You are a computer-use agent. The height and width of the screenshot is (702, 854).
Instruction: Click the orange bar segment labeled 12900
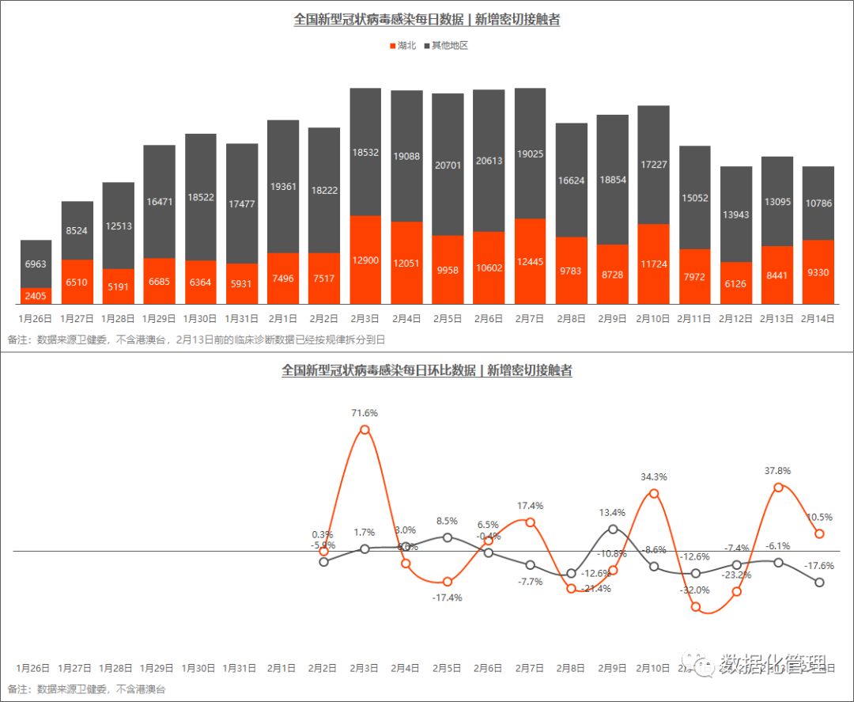click(365, 260)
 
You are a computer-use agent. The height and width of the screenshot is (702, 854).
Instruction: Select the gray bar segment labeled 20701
click(448, 164)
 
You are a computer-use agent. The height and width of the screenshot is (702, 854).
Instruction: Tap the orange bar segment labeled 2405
click(36, 296)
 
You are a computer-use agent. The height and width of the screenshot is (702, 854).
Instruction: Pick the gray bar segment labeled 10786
click(818, 203)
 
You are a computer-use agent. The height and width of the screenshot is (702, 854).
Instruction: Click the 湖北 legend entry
click(402, 46)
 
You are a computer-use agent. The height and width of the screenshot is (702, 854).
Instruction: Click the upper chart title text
click(427, 20)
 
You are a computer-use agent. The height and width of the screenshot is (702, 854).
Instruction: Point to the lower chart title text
click(427, 370)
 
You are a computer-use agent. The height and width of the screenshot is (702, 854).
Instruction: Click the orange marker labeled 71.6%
click(365, 431)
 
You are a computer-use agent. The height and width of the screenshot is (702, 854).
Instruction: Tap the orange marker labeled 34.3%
click(654, 493)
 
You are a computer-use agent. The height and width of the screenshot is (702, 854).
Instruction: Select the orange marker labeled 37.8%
click(778, 488)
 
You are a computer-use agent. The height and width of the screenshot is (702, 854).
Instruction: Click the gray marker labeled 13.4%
click(613, 529)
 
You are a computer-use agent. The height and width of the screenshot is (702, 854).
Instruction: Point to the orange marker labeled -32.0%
click(696, 607)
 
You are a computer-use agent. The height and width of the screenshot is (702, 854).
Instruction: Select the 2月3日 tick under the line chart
click(365, 669)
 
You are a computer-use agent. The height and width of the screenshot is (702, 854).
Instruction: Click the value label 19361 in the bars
click(283, 187)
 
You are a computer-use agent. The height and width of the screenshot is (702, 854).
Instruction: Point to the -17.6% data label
click(818, 566)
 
